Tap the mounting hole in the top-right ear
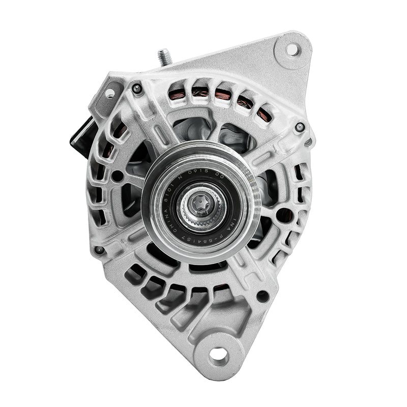click(x=292, y=49)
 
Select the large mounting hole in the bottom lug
click(x=219, y=355)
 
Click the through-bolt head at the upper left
click(x=136, y=89)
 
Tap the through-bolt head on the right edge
click(x=300, y=126)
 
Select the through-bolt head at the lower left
click(x=100, y=250)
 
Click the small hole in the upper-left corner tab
click(x=110, y=93)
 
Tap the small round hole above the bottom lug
click(x=263, y=296)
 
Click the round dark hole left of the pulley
click(x=118, y=177)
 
